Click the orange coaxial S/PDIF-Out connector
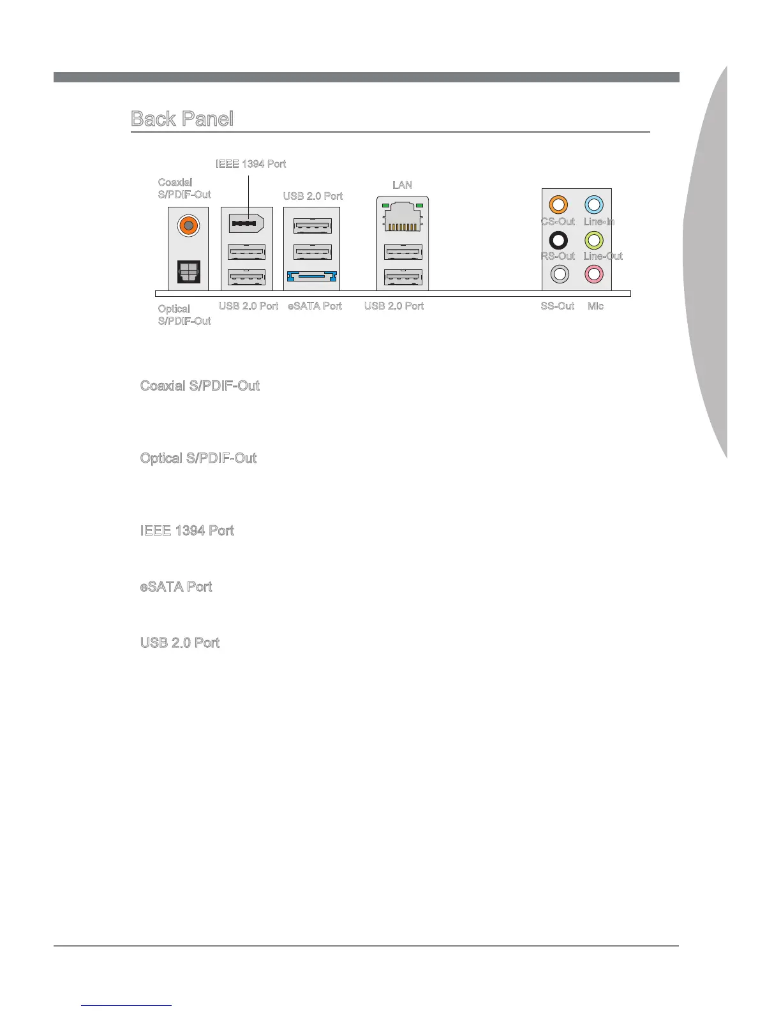pos(188,225)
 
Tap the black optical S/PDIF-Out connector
pos(188,272)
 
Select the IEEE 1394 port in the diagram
pos(246,224)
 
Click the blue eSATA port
pos(312,277)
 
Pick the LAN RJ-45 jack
pos(403,217)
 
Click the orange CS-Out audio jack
pos(558,205)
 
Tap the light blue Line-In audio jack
pos(594,205)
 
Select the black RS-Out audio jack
pos(558,240)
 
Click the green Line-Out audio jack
pos(594,240)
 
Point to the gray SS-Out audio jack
pos(559,274)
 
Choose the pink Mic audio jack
pos(594,274)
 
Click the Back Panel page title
pos(182,119)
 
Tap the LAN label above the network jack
pos(402,185)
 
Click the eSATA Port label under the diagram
pos(315,306)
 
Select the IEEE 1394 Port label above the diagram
pos(251,164)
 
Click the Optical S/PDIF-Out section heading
pos(198,458)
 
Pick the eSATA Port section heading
pos(176,587)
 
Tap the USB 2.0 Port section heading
pos(180,643)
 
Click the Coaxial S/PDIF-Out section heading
pos(200,386)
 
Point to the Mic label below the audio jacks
pos(595,306)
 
